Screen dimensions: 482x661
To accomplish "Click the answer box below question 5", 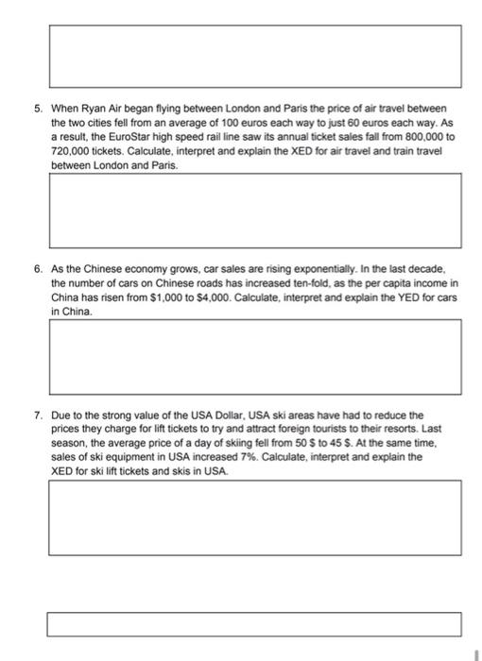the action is tap(255, 209).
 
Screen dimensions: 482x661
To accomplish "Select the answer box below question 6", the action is tap(255, 355).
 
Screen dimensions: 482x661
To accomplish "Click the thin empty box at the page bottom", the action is tap(255, 624).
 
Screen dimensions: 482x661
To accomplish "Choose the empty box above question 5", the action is tap(255, 56).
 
